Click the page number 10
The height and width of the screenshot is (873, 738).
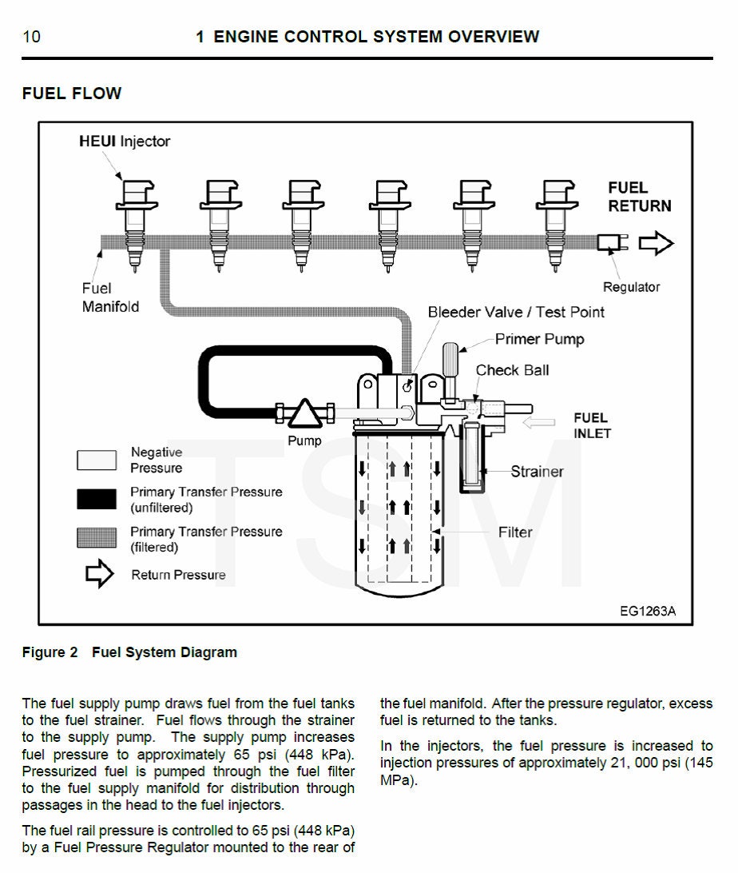[x=32, y=37]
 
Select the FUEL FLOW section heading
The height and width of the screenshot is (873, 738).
[x=72, y=94]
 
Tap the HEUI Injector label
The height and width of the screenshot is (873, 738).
[x=125, y=142]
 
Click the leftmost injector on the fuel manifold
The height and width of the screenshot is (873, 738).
[x=136, y=224]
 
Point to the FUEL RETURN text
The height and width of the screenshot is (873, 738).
[x=639, y=197]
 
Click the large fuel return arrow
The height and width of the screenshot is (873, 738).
[x=656, y=243]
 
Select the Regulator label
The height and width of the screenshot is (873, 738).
[x=631, y=287]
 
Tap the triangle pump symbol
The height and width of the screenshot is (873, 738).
[x=304, y=413]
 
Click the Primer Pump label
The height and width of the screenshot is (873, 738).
[x=539, y=339]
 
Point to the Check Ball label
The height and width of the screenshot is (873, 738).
[x=512, y=370]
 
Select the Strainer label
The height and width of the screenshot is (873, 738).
[x=537, y=472]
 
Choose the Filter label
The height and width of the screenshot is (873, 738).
[x=515, y=532]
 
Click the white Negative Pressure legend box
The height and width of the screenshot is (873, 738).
[x=97, y=460]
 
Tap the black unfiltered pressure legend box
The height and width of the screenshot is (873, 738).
[x=97, y=500]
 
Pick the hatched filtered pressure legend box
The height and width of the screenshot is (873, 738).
[x=97, y=539]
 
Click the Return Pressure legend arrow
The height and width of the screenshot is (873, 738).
[x=100, y=574]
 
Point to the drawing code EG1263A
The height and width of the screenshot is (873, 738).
[x=647, y=612]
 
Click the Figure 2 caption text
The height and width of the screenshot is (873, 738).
[x=129, y=652]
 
